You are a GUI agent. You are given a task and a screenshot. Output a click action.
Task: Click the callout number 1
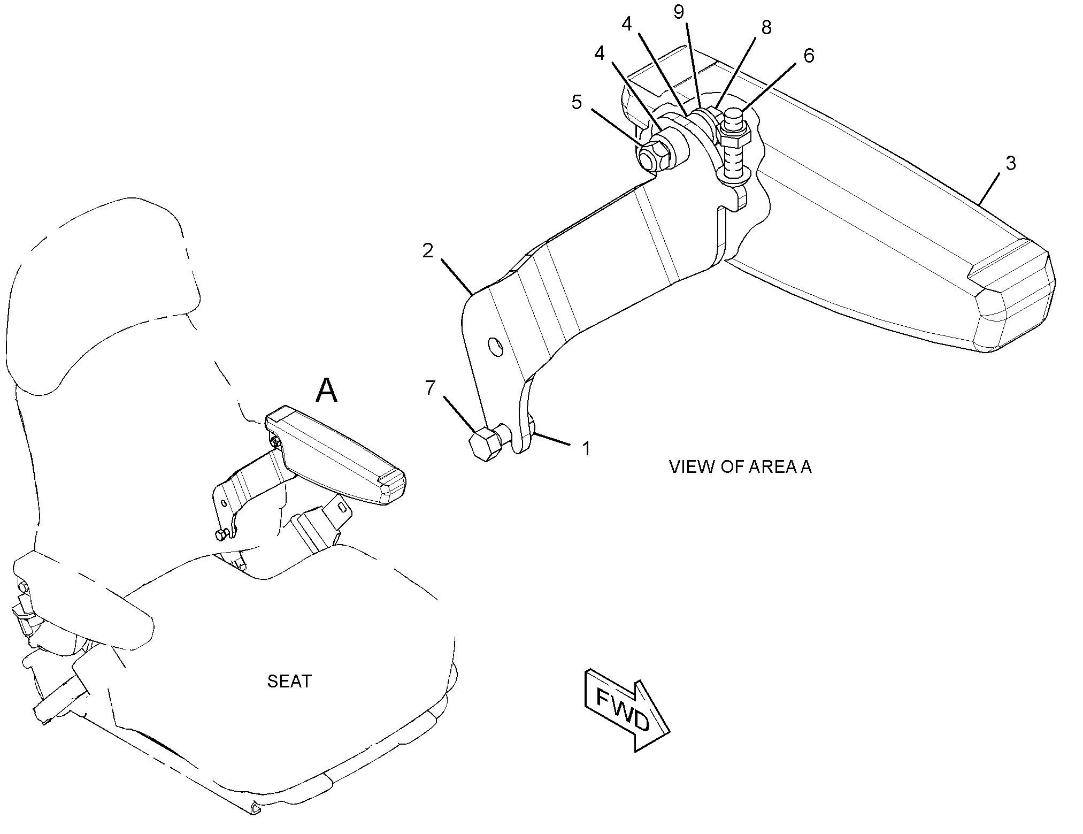pos(586,448)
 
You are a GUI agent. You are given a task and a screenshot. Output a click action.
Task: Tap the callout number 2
pos(428,250)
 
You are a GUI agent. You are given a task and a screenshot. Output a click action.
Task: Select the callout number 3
pos(1010,163)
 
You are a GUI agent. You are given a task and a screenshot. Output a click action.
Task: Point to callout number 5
pos(576,102)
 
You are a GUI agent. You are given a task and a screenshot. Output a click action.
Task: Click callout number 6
pos(809,55)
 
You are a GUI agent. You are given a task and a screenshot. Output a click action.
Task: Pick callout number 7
pos(431,388)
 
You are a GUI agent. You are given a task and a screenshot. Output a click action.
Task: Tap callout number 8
pos(766,28)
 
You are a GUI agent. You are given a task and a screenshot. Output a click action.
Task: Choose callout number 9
pos(679,12)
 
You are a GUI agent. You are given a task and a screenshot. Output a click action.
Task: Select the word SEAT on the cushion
pos(289,681)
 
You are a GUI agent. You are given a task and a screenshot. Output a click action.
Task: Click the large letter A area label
pos(326,391)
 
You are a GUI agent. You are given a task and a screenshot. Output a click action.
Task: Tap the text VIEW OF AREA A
pos(740,467)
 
